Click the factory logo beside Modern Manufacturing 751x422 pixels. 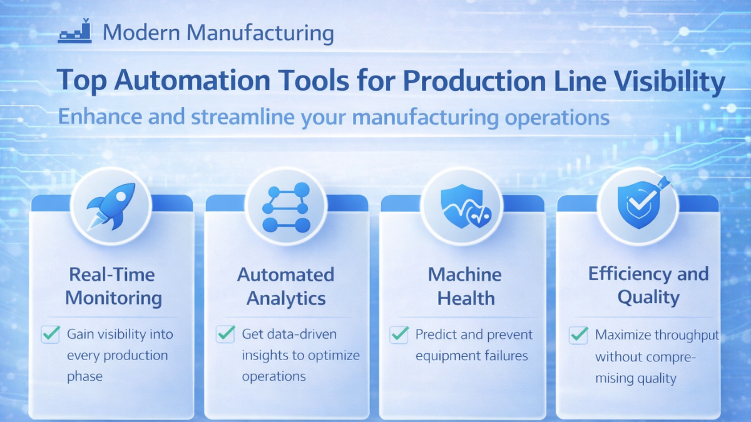pos(75,33)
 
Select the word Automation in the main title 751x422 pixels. pos(181,82)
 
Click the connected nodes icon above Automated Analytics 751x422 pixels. pos(286,206)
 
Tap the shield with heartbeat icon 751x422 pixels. pos(463,206)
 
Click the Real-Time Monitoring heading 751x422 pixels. pos(113,286)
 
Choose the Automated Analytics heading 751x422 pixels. pos(286,286)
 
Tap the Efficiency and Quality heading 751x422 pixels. pos(648,285)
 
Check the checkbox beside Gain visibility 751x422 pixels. pos(50,334)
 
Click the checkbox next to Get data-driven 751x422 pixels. pos(225,334)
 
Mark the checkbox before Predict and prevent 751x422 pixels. pos(399,334)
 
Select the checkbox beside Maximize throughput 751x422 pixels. pos(578,335)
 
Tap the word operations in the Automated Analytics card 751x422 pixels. pos(273,376)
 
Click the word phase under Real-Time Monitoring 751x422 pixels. pos(84,376)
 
